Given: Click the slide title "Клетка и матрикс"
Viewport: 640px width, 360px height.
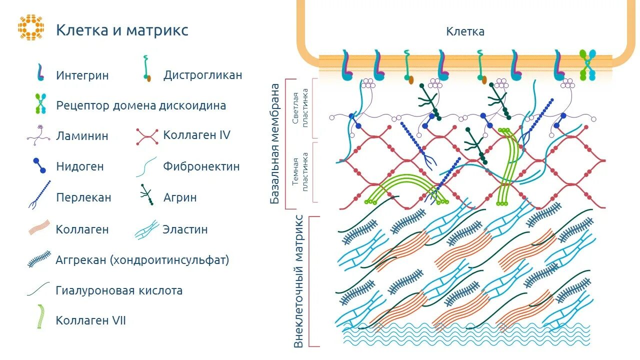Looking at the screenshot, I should (x=122, y=30).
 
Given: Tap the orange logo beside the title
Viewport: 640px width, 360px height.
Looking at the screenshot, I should (x=31, y=27).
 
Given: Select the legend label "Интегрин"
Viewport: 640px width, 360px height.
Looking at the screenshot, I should (x=82, y=75).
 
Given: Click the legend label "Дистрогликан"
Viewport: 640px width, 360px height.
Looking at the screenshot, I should (x=202, y=75).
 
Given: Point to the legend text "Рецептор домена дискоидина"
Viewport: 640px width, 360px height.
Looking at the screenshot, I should (x=141, y=105).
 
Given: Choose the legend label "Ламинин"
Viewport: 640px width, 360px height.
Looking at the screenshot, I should (x=82, y=136).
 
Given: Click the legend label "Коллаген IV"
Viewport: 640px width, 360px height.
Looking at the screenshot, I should (x=196, y=135).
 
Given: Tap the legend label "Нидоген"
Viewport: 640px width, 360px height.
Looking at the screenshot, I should (x=80, y=166).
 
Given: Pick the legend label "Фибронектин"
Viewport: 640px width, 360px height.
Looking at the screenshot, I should (x=201, y=166).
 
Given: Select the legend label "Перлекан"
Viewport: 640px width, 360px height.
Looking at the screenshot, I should (x=83, y=197).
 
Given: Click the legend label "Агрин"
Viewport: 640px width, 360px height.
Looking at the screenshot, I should (x=180, y=197).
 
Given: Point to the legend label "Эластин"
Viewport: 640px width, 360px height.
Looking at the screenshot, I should (x=185, y=229).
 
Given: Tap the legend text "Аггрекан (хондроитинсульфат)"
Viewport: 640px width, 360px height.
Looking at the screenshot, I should (x=142, y=260).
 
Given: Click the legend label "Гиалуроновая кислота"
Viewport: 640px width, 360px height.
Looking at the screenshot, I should (x=119, y=290).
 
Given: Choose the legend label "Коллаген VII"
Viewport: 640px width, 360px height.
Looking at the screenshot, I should (x=91, y=320).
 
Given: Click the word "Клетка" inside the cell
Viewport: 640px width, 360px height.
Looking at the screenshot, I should (x=465, y=31).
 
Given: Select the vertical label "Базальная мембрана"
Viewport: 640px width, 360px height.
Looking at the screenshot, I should (x=275, y=143).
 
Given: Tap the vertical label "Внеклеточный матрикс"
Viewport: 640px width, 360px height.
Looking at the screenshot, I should (x=298, y=281).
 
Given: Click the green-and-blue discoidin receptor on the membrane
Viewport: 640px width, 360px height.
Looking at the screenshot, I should (x=588, y=65).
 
